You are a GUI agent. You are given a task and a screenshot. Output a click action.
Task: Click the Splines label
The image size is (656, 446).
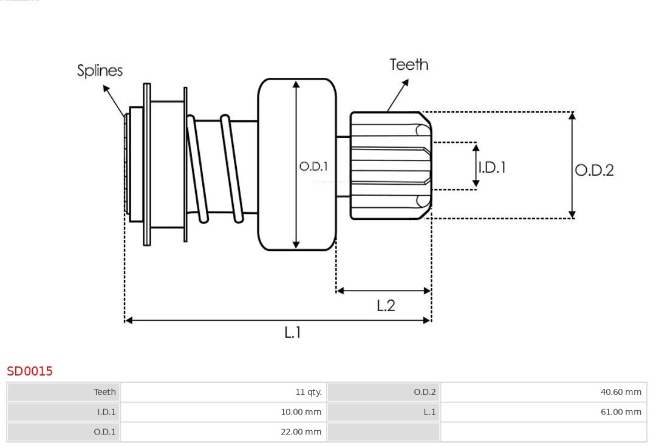tap(100, 70)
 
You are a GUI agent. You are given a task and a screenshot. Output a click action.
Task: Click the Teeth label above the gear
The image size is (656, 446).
tap(409, 64)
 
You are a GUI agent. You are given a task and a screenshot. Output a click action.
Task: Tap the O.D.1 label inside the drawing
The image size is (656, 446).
tap(313, 166)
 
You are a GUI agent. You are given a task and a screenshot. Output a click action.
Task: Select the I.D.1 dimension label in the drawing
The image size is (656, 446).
tap(492, 167)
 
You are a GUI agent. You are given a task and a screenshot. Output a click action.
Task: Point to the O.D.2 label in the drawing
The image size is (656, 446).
tap(594, 170)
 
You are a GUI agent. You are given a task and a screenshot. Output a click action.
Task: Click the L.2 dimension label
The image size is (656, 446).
tap(386, 306)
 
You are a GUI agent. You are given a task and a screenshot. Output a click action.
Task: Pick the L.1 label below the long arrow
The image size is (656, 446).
tap(293, 332)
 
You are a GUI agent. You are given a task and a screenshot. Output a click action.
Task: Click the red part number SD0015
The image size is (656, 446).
tap(30, 371)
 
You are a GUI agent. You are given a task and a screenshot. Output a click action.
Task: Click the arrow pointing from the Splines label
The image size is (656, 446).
tap(114, 100)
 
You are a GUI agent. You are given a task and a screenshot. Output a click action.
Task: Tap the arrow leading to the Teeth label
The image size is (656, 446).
tap(398, 95)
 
